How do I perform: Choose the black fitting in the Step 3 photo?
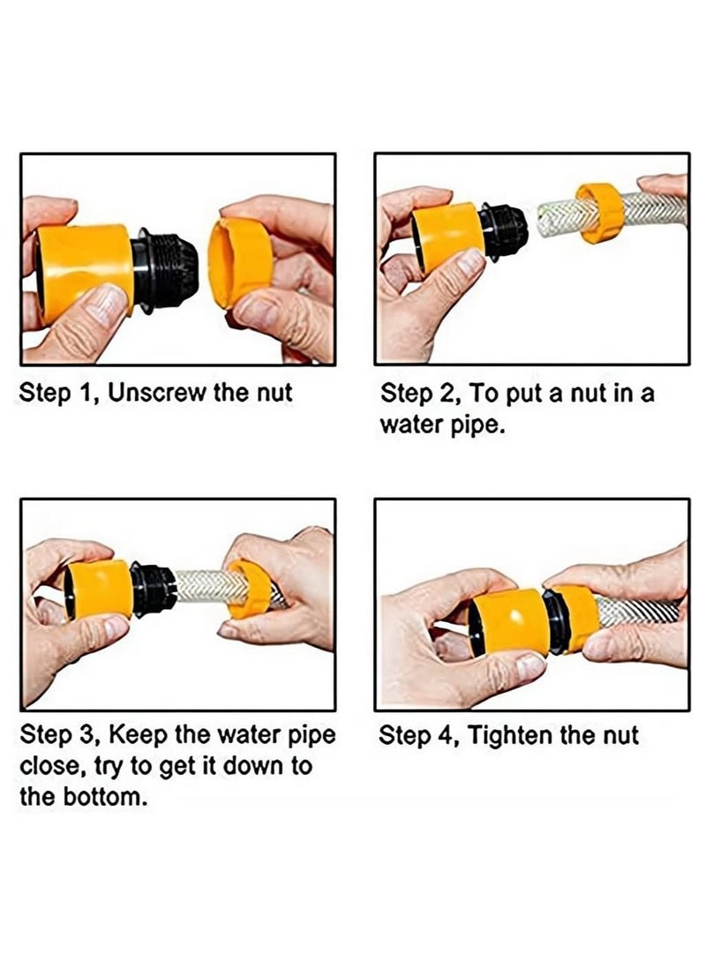point(153,588)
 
